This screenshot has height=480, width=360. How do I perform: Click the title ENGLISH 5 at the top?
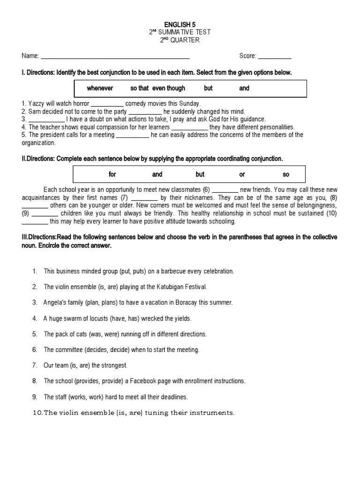click(180, 24)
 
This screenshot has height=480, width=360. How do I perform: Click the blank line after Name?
click(115, 56)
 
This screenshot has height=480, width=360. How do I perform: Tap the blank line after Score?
click(275, 56)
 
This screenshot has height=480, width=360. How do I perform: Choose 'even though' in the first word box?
click(169, 88)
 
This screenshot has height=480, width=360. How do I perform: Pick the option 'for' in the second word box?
click(112, 174)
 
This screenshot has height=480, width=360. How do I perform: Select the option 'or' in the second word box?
click(242, 174)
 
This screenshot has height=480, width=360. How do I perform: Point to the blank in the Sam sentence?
click(145, 112)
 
